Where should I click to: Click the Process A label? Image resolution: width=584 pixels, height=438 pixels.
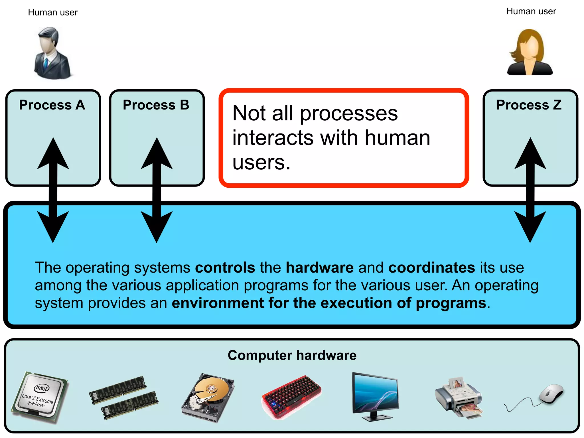point(52,105)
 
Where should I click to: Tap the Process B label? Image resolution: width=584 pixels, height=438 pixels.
point(156,105)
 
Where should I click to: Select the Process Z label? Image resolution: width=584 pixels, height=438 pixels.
point(529,105)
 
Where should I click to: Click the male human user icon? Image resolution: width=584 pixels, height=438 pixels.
point(52,53)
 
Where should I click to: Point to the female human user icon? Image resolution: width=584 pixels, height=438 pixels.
point(530,52)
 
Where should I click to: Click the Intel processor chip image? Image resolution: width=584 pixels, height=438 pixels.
point(40,396)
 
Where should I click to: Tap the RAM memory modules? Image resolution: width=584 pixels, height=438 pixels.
point(123,397)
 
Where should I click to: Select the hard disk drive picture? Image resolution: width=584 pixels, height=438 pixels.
point(208,397)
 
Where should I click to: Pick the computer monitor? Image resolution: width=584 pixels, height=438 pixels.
point(375,396)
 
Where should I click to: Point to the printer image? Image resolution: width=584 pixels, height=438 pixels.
point(459,398)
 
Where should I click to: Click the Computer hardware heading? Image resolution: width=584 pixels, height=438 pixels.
point(292,355)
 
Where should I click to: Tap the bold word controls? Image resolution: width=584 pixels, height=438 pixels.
point(225,267)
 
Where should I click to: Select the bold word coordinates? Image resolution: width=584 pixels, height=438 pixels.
point(431,267)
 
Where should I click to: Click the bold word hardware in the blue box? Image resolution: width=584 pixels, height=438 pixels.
point(320,267)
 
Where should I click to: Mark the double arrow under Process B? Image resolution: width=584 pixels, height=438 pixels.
point(157,190)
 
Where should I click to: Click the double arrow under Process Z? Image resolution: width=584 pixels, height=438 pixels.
point(530,190)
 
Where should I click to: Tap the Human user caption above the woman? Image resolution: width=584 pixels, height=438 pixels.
point(531,11)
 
